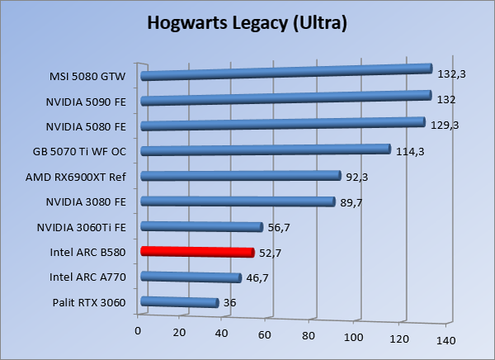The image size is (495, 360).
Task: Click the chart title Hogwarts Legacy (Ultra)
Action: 247,22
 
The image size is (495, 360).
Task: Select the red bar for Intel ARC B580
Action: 198,252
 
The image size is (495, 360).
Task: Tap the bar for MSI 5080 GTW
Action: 287,73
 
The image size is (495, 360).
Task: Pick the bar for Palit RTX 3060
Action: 180,302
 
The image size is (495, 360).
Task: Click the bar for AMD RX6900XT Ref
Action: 241,175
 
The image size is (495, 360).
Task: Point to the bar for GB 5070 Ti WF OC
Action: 266,149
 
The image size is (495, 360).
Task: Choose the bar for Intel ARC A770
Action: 191,277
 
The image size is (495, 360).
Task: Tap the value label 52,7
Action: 272,253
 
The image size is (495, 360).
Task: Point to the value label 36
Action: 230,303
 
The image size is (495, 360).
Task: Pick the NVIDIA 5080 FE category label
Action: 85,127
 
